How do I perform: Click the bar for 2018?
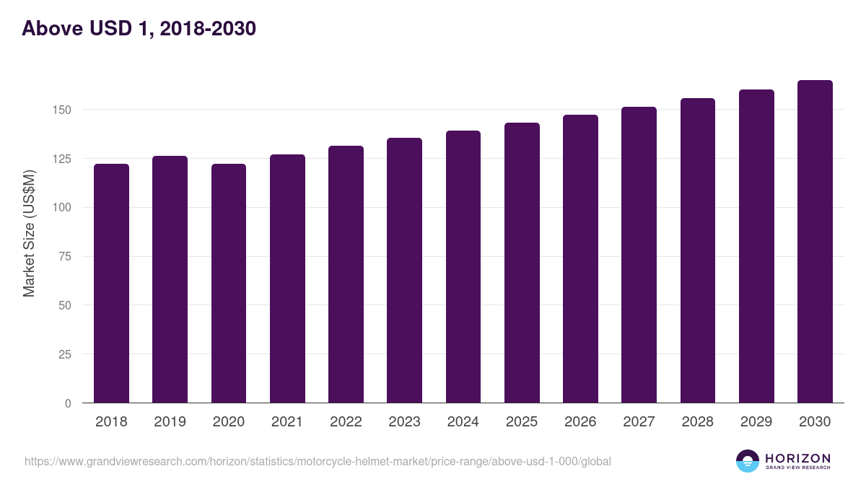click(111, 283)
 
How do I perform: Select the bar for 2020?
click(229, 283)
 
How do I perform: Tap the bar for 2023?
click(404, 271)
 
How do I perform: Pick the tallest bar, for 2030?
click(815, 242)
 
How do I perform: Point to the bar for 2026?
click(580, 258)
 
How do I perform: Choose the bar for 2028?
click(698, 250)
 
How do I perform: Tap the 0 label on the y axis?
click(68, 403)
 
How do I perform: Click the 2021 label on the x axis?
click(287, 422)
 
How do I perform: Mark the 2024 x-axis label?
click(463, 422)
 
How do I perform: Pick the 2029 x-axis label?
click(756, 422)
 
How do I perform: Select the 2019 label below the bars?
click(170, 422)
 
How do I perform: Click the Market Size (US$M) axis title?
click(29, 233)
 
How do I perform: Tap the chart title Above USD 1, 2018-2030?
click(139, 29)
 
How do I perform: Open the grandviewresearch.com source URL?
click(318, 461)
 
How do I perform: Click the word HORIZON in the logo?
click(797, 458)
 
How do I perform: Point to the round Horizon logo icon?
click(748, 461)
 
